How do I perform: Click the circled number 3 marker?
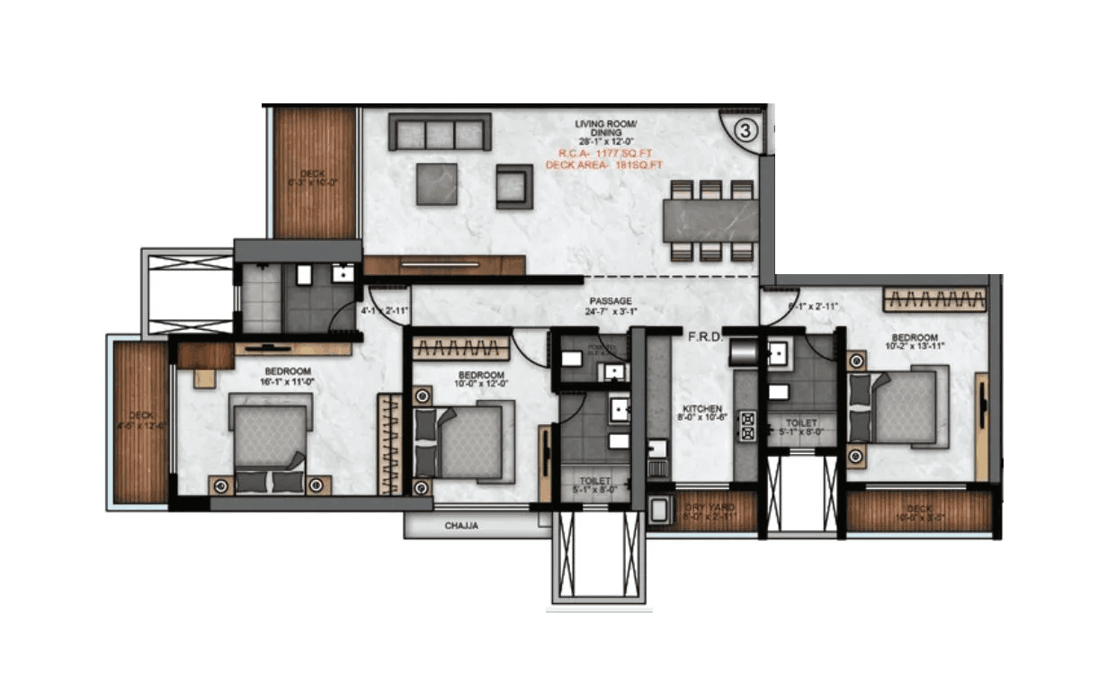(745, 129)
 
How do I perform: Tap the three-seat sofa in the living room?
(440, 132)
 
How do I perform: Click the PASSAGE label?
(611, 301)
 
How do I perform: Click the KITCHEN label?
(701, 409)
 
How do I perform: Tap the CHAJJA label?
(461, 526)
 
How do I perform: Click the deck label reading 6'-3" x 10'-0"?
(313, 178)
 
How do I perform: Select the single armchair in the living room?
(514, 186)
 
